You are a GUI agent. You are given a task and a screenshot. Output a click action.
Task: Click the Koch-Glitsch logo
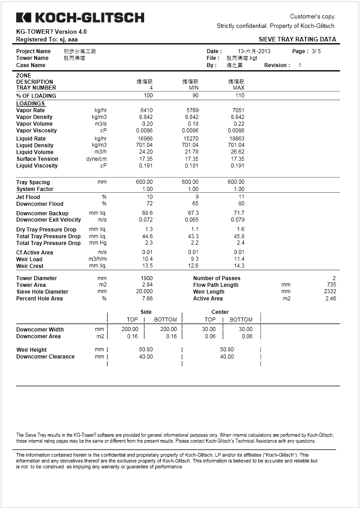[x=80, y=18]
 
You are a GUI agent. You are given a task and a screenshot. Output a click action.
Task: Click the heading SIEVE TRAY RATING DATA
[x=297, y=39]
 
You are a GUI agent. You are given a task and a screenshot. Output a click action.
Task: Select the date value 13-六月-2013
[x=254, y=51]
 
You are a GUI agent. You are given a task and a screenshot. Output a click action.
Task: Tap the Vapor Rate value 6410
[x=146, y=110]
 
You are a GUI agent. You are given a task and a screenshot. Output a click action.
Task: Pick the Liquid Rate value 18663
[x=237, y=139]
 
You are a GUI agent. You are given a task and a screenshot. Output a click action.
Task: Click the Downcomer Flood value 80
[x=241, y=204]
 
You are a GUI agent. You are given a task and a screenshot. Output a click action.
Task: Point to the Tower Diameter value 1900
[x=147, y=278]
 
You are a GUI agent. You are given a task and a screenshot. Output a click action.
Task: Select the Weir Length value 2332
[x=329, y=292]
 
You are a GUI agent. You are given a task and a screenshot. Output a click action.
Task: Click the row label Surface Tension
[x=37, y=159]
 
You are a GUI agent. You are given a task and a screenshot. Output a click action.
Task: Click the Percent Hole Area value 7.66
[x=147, y=299]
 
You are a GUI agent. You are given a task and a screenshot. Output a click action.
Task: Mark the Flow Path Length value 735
[x=331, y=285]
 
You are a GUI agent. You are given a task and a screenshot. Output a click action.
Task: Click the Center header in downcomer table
[x=220, y=312]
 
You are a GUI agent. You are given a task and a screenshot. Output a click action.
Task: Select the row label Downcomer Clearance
[x=45, y=357]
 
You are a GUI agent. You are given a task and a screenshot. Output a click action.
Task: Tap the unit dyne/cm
[x=97, y=159]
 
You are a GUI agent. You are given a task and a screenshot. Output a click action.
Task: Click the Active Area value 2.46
[x=330, y=299]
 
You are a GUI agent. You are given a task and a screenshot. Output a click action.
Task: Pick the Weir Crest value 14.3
[x=239, y=266]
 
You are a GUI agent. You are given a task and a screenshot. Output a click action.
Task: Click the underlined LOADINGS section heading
[x=31, y=104]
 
